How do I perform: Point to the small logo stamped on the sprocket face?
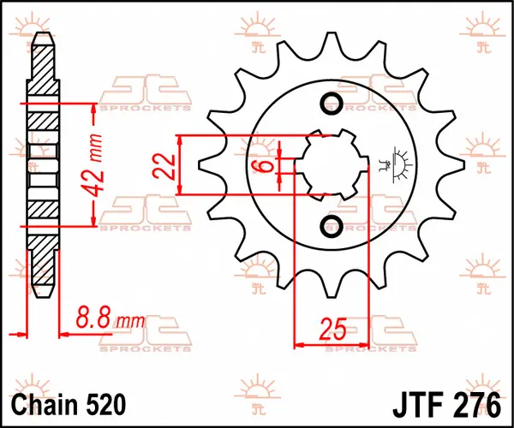pyautogui.click(x=394, y=163)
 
